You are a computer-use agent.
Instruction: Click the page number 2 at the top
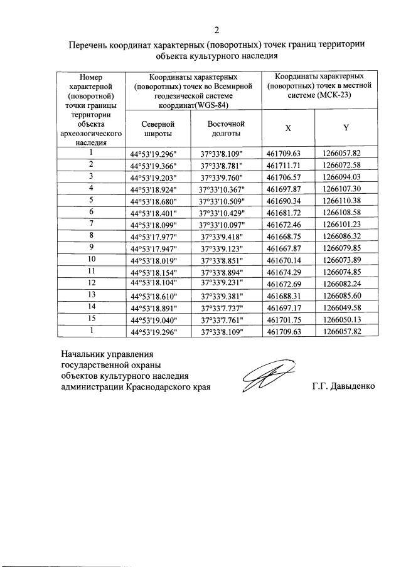(217, 29)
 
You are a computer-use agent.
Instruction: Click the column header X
(288, 127)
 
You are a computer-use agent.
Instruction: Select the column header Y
(345, 127)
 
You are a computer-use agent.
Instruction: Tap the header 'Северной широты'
(154, 129)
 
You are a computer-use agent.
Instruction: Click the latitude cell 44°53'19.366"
(154, 166)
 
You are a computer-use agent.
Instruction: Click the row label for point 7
(92, 223)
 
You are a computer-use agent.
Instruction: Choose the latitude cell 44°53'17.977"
(154, 236)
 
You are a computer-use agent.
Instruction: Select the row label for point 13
(92, 294)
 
